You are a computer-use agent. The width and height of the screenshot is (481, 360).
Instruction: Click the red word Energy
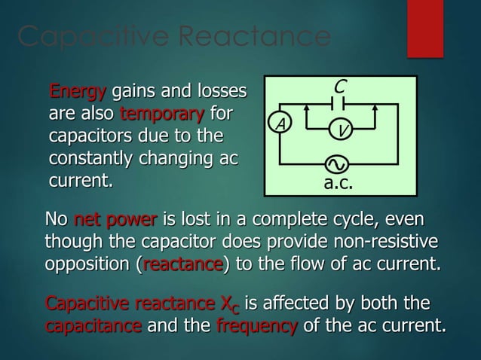point(77,93)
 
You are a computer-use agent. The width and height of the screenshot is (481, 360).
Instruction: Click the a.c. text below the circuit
point(338,182)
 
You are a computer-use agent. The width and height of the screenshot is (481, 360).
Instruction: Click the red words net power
point(115,221)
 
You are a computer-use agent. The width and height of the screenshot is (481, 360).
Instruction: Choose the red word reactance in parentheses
point(182,266)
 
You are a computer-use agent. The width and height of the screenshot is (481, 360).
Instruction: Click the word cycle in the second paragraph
point(366,221)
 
